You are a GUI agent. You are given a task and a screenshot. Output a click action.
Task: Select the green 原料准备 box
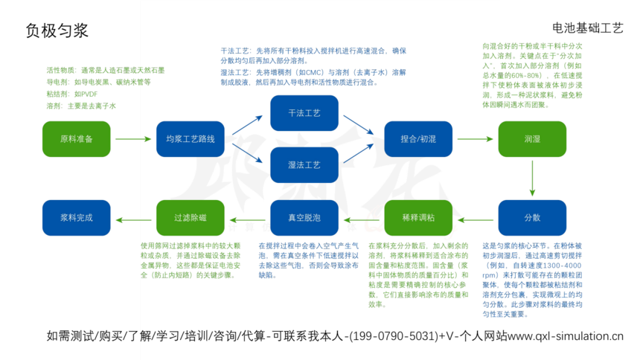pyautogui.click(x=76, y=139)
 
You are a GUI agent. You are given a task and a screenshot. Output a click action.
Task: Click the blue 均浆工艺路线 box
pyautogui.click(x=191, y=139)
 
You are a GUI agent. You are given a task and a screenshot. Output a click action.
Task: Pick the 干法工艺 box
pyautogui.click(x=304, y=113)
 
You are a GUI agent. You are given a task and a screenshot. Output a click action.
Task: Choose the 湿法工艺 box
pyautogui.click(x=304, y=164)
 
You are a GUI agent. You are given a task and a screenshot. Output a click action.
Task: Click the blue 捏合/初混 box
pyautogui.click(x=418, y=139)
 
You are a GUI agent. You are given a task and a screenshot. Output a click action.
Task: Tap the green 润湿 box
pyautogui.click(x=532, y=139)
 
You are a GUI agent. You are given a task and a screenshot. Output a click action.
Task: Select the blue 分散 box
pyautogui.click(x=532, y=218)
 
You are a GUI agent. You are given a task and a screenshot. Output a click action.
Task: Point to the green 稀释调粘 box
pyautogui.click(x=418, y=218)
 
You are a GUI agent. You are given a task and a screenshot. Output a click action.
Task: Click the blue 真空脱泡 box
pyautogui.click(x=304, y=218)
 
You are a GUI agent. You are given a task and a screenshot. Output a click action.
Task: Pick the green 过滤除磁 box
pyautogui.click(x=191, y=218)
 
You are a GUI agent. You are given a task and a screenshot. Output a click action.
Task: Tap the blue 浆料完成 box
pyautogui.click(x=76, y=218)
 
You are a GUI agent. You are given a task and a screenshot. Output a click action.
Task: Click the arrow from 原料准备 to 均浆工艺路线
pyautogui.click(x=133, y=139)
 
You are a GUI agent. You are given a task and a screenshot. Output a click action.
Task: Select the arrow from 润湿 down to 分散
pyautogui.click(x=532, y=179)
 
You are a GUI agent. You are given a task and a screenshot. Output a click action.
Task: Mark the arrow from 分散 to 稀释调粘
pyautogui.click(x=475, y=218)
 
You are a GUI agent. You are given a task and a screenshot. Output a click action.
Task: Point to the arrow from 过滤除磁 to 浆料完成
pyautogui.click(x=133, y=218)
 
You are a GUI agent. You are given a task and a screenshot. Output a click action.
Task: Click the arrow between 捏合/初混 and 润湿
pyautogui.click(x=475, y=139)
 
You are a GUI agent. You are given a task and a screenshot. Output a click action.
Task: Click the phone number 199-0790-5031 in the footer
pyautogui.click(x=391, y=335)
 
